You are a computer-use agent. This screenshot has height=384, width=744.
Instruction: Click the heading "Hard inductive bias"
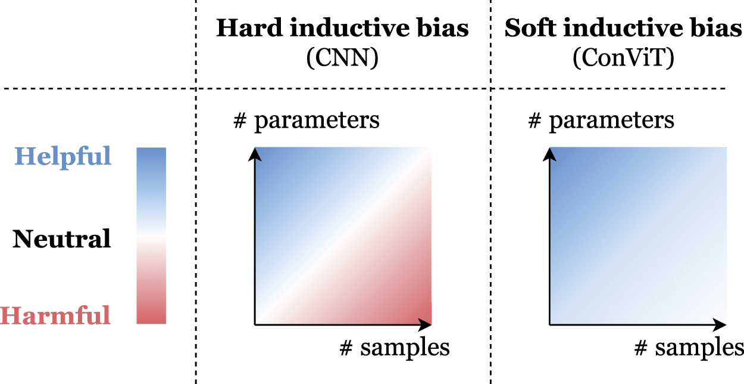[x=342, y=29]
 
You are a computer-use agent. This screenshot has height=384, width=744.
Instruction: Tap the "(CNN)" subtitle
[x=342, y=58]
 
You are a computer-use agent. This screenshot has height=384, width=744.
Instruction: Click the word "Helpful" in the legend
[x=62, y=156]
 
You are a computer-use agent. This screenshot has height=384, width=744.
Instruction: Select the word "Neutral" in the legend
[x=62, y=239]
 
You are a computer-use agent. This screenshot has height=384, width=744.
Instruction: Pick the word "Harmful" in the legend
[x=56, y=315]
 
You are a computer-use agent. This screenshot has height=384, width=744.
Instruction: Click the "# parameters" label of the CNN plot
[x=307, y=120]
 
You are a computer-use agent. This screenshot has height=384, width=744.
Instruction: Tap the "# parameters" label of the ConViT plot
[x=601, y=120]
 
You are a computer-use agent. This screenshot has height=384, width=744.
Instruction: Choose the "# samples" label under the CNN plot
[x=394, y=346]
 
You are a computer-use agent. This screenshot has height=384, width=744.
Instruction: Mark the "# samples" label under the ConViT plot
[x=689, y=346]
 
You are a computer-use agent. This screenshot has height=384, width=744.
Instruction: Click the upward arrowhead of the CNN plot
[x=255, y=153]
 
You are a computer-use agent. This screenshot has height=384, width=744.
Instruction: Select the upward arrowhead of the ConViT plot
[x=549, y=153]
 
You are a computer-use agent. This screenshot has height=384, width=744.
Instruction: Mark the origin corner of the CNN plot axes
[x=255, y=324]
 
